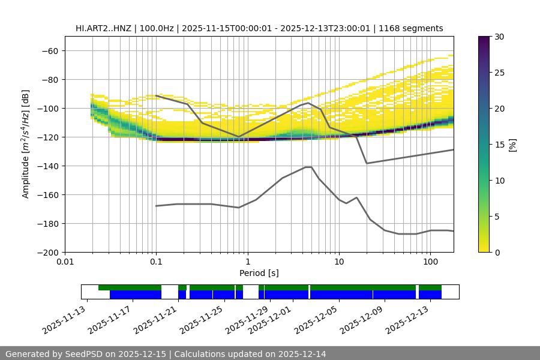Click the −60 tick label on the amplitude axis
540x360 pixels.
tap(49, 50)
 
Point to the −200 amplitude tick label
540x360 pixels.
tap(47, 252)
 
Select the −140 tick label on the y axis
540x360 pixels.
tap(47, 166)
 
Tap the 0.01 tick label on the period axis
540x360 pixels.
tap(65, 262)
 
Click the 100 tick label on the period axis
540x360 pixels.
tap(430, 262)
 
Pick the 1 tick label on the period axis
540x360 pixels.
tap(247, 262)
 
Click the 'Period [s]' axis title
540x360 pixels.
tap(259, 273)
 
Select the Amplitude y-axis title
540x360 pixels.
tap(25, 144)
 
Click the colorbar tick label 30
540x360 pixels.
tap(499, 37)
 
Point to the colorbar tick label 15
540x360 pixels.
tap(499, 145)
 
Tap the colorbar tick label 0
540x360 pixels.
tap(496, 253)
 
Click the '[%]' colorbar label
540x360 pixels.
tap(512, 145)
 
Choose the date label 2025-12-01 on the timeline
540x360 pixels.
tap(269, 321)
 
